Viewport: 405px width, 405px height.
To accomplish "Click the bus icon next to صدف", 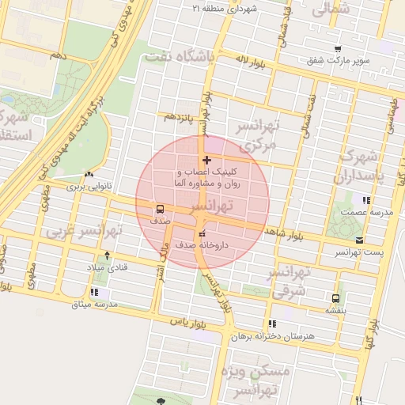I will tap(161, 210).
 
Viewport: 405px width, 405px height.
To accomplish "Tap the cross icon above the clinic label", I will tap(207, 161).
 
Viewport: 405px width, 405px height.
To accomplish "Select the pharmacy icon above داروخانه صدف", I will tap(202, 234).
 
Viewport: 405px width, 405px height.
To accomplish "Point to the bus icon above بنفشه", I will tap(336, 298).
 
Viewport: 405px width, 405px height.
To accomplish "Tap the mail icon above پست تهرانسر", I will tap(360, 240).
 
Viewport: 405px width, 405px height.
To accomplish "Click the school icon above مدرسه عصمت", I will tap(365, 201).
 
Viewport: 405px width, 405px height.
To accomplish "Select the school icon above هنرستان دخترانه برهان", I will tap(272, 324).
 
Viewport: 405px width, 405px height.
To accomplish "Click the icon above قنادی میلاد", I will tap(108, 255).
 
